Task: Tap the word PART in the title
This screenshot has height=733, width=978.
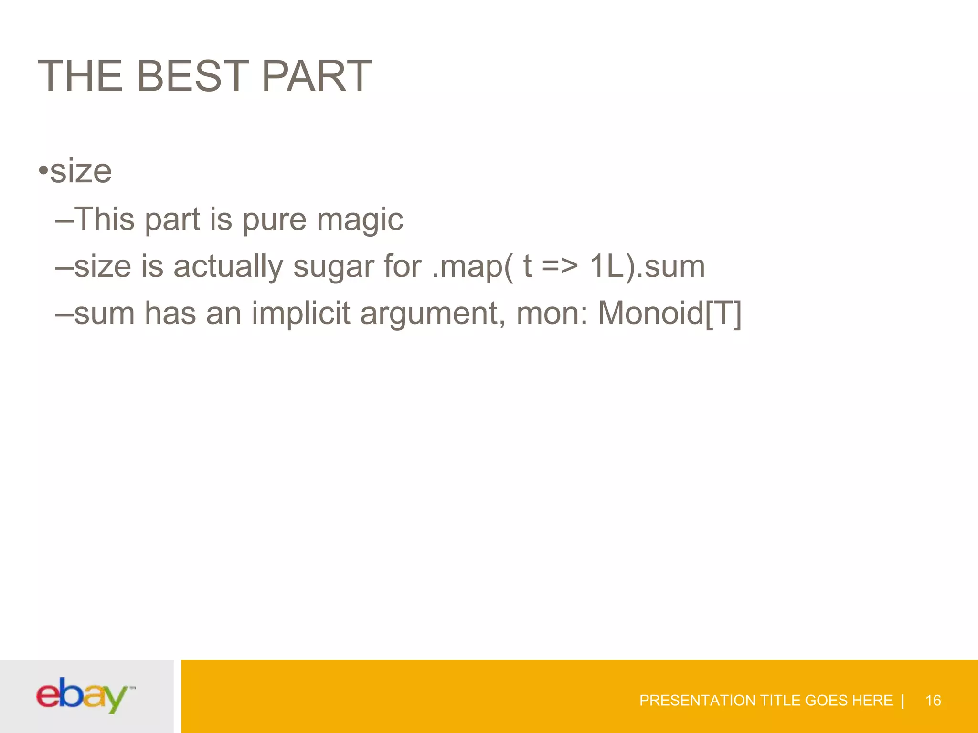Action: (317, 76)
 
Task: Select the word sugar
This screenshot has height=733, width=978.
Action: (333, 267)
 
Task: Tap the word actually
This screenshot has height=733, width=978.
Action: (228, 267)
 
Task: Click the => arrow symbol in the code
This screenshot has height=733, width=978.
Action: (560, 266)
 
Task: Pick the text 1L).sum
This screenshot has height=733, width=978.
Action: (647, 266)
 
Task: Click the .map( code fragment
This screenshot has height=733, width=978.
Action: (473, 267)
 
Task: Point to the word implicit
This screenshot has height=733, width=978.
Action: (301, 314)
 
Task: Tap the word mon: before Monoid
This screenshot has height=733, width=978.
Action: (552, 314)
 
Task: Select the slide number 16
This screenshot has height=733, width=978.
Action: (933, 701)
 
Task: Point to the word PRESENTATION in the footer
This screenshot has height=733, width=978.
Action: (697, 701)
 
